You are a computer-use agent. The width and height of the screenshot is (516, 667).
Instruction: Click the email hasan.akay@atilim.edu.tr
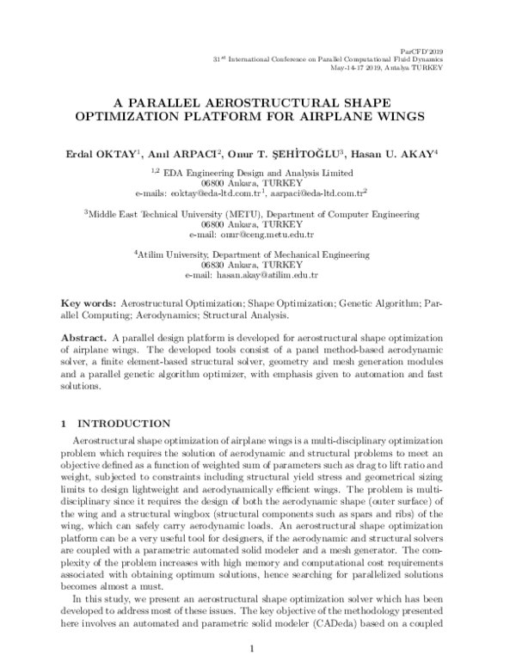tap(267, 276)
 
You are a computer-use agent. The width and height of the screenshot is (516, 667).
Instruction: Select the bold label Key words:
tap(88, 303)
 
